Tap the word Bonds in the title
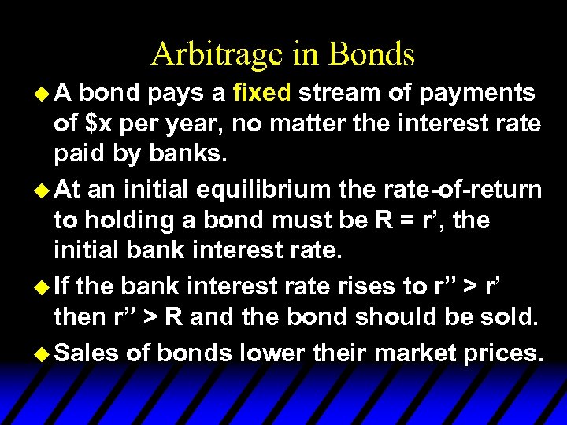coord(372,54)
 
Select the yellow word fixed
coord(263,94)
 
